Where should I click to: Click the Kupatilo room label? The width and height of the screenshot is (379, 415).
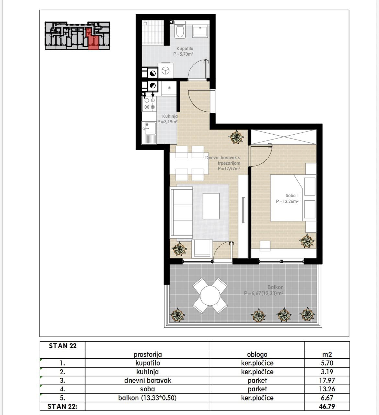(185, 49)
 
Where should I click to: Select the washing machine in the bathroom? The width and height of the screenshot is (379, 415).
(166, 70)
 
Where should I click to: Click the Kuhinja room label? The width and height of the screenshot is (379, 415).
(170, 116)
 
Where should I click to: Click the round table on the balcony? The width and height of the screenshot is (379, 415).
(210, 296)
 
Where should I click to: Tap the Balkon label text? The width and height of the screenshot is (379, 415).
(275, 287)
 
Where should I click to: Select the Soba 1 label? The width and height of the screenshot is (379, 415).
(292, 196)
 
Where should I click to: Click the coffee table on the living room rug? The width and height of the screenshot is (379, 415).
(211, 206)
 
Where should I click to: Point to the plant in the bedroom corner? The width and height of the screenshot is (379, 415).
(307, 241)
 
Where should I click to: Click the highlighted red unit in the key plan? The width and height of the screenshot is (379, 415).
(93, 39)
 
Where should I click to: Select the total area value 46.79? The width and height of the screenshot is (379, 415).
(327, 406)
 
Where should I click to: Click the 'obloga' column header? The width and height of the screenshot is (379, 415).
(257, 354)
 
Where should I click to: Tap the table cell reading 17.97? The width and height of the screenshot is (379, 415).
(327, 380)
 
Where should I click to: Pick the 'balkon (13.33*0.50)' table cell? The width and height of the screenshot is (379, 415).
(147, 398)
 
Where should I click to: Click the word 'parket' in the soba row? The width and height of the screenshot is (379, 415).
(257, 389)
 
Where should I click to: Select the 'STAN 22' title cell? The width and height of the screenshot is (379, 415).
(63, 346)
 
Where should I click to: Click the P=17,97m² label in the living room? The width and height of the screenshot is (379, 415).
(229, 169)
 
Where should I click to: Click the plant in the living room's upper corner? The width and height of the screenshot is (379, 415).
(236, 137)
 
